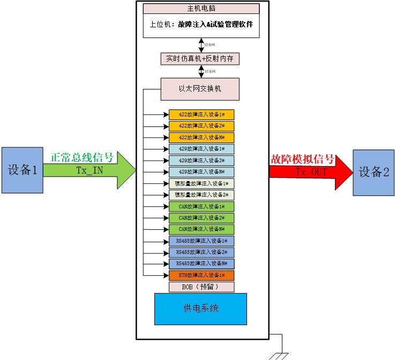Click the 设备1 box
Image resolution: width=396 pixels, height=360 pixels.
click(22, 170)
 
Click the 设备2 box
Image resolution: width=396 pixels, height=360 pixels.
click(373, 172)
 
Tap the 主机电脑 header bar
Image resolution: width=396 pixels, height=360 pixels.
click(201, 9)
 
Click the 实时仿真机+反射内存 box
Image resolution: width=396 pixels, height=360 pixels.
click(199, 58)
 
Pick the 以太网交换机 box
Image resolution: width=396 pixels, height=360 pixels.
click(199, 89)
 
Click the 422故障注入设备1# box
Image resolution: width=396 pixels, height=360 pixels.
click(201, 114)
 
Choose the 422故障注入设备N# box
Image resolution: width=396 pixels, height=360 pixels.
click(201, 137)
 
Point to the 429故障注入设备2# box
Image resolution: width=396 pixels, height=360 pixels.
click(201, 160)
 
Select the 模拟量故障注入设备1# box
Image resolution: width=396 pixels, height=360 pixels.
click(201, 183)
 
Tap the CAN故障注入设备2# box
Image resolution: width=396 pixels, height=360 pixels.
click(201, 217)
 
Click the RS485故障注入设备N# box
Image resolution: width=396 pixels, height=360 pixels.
click(201, 264)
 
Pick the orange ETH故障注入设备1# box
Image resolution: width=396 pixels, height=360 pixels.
click(201, 275)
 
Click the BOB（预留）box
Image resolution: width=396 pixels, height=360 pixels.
click(201, 287)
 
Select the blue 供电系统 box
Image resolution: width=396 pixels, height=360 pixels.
click(200, 309)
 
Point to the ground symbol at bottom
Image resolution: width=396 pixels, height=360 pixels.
click(280, 354)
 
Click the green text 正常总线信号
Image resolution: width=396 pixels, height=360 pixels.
click(81, 157)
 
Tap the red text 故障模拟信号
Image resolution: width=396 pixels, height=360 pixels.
click(302, 159)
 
